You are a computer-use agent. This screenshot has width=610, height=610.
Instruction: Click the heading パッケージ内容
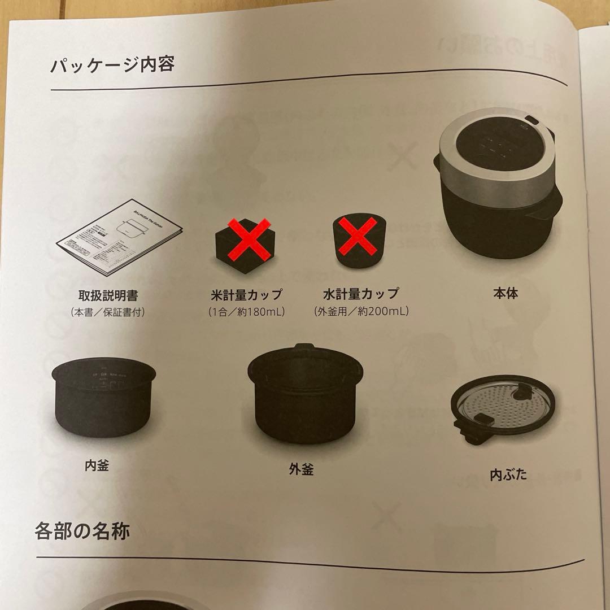click(x=112, y=65)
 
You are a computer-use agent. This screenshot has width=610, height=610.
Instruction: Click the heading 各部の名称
click(x=82, y=531)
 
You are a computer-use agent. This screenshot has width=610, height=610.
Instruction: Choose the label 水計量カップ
click(x=361, y=294)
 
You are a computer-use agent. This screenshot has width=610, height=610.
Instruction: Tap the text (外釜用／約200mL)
click(x=361, y=311)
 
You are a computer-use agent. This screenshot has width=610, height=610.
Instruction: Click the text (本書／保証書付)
click(x=108, y=312)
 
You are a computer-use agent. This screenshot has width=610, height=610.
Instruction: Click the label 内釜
click(x=97, y=465)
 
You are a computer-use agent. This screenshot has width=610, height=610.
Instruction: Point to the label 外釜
click(x=300, y=469)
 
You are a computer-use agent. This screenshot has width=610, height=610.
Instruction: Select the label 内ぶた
click(x=508, y=474)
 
